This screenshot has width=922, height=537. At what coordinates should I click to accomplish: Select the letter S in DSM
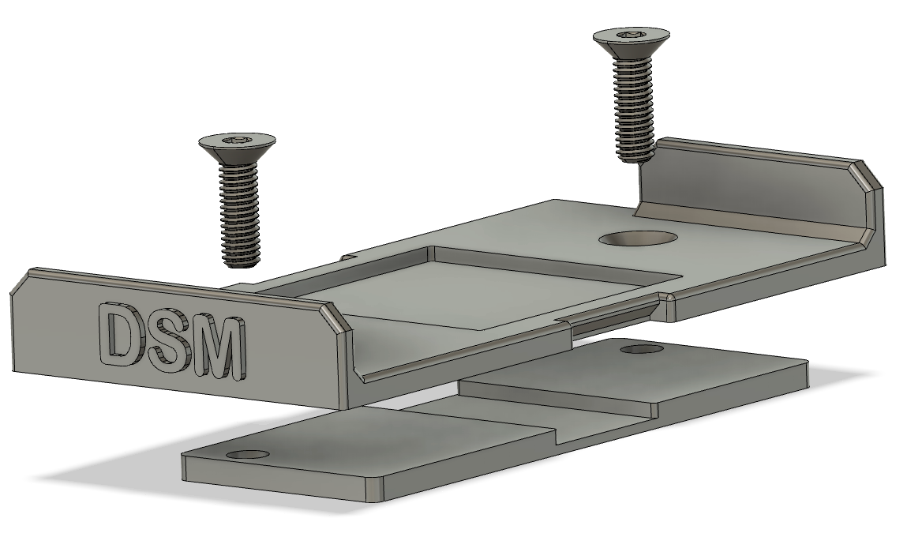click(x=173, y=344)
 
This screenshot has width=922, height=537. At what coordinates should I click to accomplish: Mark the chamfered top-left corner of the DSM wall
click(x=22, y=281)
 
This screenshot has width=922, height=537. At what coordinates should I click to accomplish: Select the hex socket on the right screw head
click(x=632, y=34)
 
